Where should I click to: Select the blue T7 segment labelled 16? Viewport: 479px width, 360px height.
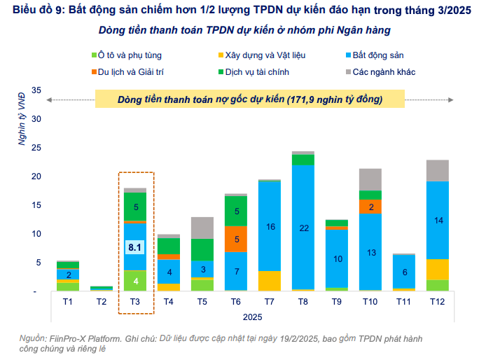coord(270,226)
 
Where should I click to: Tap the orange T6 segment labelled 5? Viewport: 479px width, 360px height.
coord(236,239)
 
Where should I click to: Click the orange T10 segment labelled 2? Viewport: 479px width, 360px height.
coord(370,207)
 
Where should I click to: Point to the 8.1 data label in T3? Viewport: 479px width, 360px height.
coord(135,247)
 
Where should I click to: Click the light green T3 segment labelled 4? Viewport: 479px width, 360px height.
coord(135,280)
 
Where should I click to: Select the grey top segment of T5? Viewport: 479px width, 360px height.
coord(202,228)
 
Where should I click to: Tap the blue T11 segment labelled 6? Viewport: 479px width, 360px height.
coord(403,272)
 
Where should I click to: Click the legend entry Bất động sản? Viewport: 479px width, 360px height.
coord(379,54)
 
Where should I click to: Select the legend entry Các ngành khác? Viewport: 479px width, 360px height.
coord(384,71)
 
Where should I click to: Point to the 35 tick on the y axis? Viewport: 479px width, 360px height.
coord(37,90)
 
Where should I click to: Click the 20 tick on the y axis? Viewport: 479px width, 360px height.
coord(37,176)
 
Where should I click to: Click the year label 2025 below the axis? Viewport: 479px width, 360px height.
coord(253,317)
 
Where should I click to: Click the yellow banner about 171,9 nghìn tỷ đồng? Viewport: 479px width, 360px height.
coord(250,99)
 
